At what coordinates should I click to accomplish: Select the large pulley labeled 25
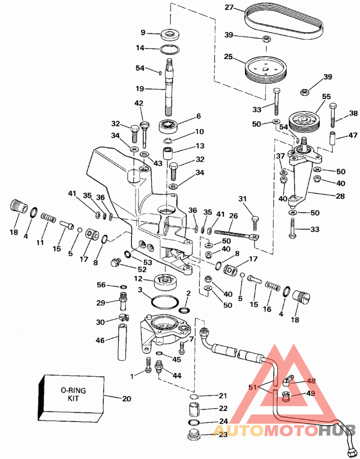point(263,71)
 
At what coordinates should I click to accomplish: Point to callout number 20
point(128,397)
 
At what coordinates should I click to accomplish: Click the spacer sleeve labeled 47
point(333,137)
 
